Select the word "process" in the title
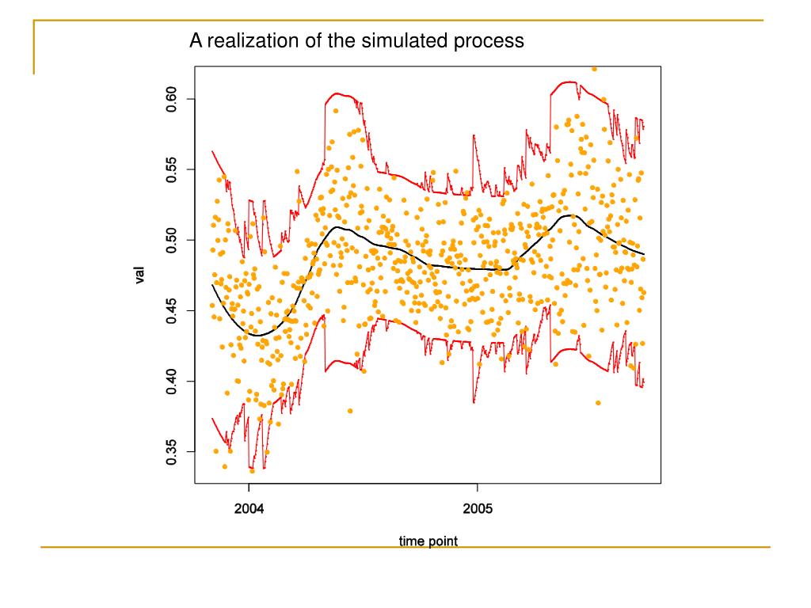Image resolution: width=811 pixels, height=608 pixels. tap(489, 40)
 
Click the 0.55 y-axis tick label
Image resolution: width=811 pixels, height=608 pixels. tap(171, 169)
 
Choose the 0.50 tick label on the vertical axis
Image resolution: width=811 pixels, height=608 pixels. tap(171, 240)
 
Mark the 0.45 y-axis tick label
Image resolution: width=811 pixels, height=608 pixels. tap(171, 310)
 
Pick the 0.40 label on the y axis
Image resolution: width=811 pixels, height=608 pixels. tap(171, 381)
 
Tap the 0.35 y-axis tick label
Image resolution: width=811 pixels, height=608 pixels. tap(171, 451)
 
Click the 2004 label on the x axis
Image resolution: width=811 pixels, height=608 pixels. tap(249, 508)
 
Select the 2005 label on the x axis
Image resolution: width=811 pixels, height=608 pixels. tap(477, 508)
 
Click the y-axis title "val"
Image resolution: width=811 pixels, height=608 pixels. tap(140, 275)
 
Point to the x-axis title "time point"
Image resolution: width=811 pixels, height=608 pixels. tap(428, 541)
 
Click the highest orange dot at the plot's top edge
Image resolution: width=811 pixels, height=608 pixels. tap(594, 69)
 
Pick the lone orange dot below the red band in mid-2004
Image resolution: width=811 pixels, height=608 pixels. tap(350, 411)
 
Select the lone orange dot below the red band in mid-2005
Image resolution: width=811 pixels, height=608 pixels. tap(598, 403)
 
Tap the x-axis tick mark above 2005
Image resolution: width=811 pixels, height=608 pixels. tap(477, 487)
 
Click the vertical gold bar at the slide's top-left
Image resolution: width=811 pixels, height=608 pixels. tap(34, 47)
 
